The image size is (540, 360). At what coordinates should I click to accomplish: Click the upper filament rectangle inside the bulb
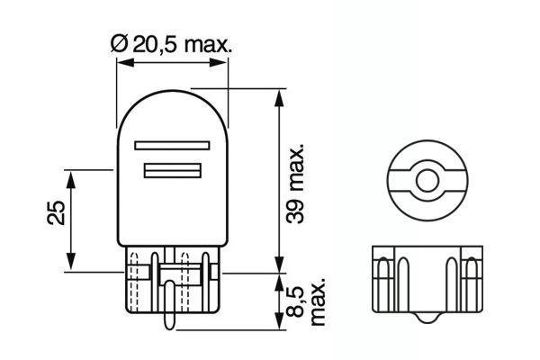tap(172, 144)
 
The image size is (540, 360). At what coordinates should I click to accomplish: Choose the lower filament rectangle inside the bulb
tap(172, 170)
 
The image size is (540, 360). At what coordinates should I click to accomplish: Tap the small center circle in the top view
tap(424, 179)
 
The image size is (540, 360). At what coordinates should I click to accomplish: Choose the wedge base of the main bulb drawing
tap(171, 279)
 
